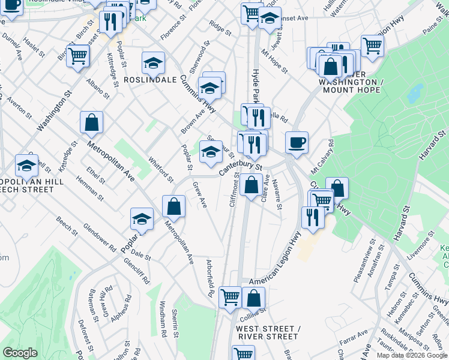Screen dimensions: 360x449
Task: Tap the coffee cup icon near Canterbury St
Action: (x=297, y=143)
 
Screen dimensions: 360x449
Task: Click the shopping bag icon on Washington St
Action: (x=92, y=123)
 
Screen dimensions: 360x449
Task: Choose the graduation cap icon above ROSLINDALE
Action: (x=153, y=63)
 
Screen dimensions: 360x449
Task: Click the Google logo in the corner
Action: (x=20, y=353)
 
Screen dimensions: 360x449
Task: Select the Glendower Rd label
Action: (x=100, y=235)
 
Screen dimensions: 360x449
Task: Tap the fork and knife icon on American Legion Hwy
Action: (x=312, y=217)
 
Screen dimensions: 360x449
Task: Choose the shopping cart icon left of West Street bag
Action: (x=230, y=297)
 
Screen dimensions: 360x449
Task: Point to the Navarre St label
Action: (x=277, y=193)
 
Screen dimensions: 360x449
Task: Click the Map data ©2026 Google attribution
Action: (x=412, y=355)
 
